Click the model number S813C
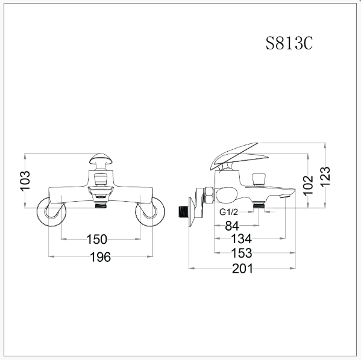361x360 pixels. point(289,43)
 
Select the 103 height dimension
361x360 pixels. point(25,181)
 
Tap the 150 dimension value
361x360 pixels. point(96,239)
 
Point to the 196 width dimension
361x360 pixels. point(101,257)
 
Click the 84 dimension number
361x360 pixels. point(232,226)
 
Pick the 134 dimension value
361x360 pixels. point(241,239)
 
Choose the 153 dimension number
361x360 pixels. point(242,253)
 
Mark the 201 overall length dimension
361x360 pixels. point(242,268)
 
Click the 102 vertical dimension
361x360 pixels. point(308,185)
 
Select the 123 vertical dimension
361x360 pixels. point(325,176)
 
